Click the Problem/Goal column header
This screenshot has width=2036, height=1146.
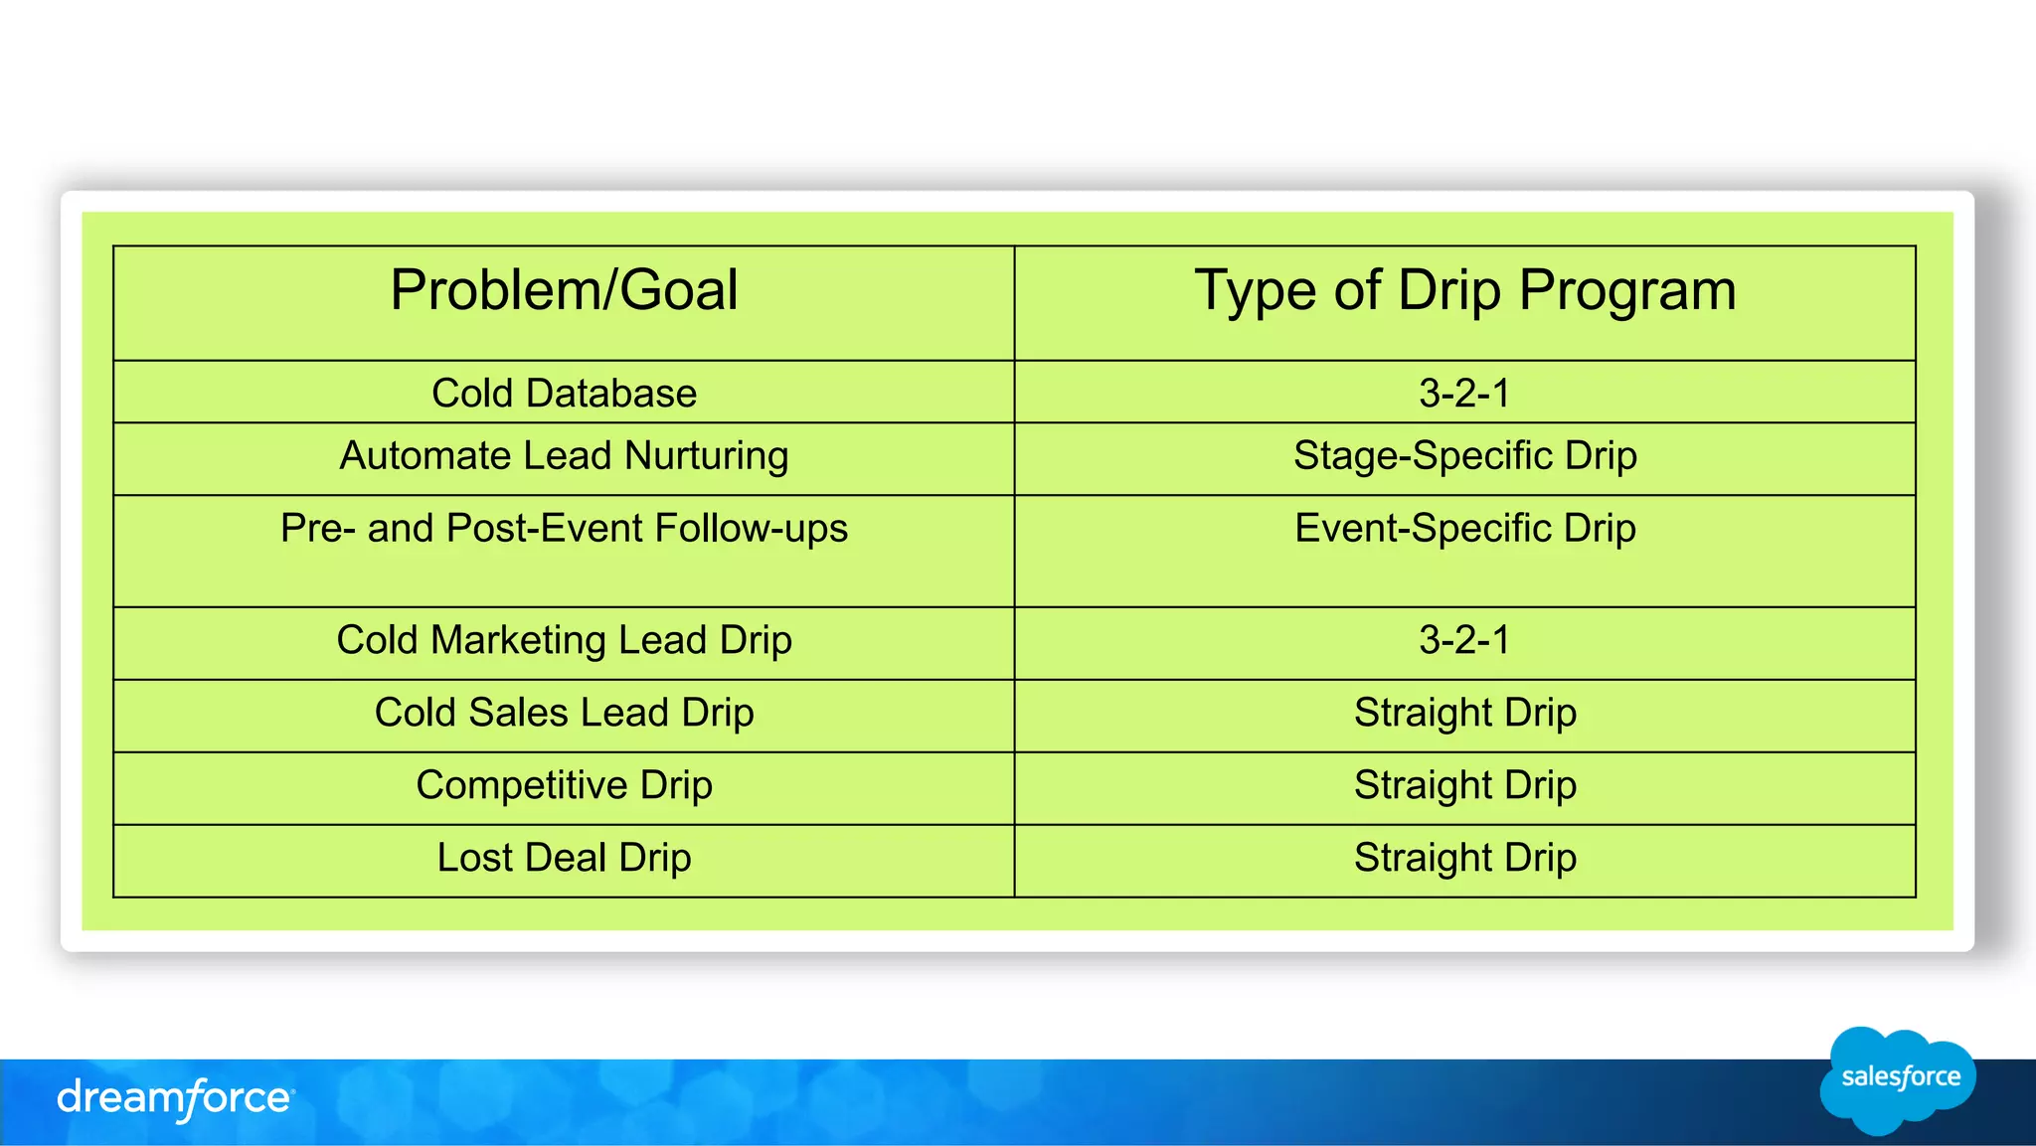pos(564,291)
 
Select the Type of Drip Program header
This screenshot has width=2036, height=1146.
pos(1464,291)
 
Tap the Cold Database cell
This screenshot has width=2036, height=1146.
pos(564,393)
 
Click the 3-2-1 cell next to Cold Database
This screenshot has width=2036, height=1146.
pos(1464,393)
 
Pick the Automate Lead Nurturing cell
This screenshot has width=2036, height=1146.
pos(564,456)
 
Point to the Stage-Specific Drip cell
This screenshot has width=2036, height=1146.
pos(1464,456)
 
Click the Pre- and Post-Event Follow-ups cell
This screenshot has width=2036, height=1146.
pos(564,529)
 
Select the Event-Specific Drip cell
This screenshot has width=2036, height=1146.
pos(1464,529)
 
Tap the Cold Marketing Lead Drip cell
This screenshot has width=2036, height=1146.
pos(564,640)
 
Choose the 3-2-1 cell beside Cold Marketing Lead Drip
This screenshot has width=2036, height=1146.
pos(1464,640)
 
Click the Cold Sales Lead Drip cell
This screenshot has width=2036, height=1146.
pos(564,713)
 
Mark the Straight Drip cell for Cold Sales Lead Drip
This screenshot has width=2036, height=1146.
pos(1464,713)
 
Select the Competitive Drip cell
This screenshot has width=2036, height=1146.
pos(564,785)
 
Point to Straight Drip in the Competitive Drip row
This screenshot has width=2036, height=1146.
pos(1464,785)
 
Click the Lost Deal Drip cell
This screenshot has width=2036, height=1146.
pos(564,858)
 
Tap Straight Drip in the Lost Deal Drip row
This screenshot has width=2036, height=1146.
pos(1464,858)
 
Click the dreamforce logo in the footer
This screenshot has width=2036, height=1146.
pos(175,1098)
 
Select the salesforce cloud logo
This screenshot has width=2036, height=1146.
pos(1898,1079)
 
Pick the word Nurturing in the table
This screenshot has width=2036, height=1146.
pos(706,456)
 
